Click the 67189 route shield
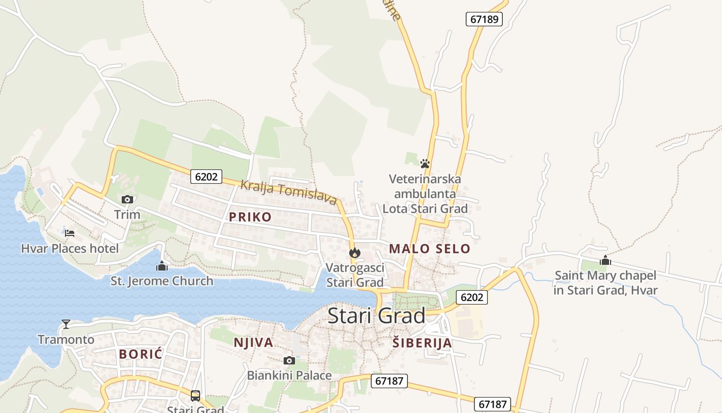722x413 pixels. coord(484,19)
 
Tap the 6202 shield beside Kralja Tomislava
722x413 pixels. coord(206,177)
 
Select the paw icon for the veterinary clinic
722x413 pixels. coord(425,164)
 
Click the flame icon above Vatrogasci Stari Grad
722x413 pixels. coord(354,252)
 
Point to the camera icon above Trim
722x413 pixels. coord(127,199)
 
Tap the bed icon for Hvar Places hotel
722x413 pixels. coord(70,233)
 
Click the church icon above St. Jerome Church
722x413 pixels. coord(162,266)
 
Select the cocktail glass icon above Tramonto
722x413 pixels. coord(66,324)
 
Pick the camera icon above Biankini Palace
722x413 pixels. coord(289,360)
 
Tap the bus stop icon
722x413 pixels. coord(195,396)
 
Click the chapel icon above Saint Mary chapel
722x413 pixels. coord(605,260)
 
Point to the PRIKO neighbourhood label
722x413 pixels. coord(250,217)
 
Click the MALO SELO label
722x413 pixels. coord(430,248)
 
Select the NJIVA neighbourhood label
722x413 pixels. coord(253,342)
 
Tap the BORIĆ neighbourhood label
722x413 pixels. coord(141,354)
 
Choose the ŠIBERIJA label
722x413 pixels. coord(422,343)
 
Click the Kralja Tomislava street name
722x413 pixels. coord(289,192)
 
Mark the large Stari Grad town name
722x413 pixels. coord(376,315)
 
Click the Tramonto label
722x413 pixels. coord(66,339)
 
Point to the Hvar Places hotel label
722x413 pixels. coord(70,248)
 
